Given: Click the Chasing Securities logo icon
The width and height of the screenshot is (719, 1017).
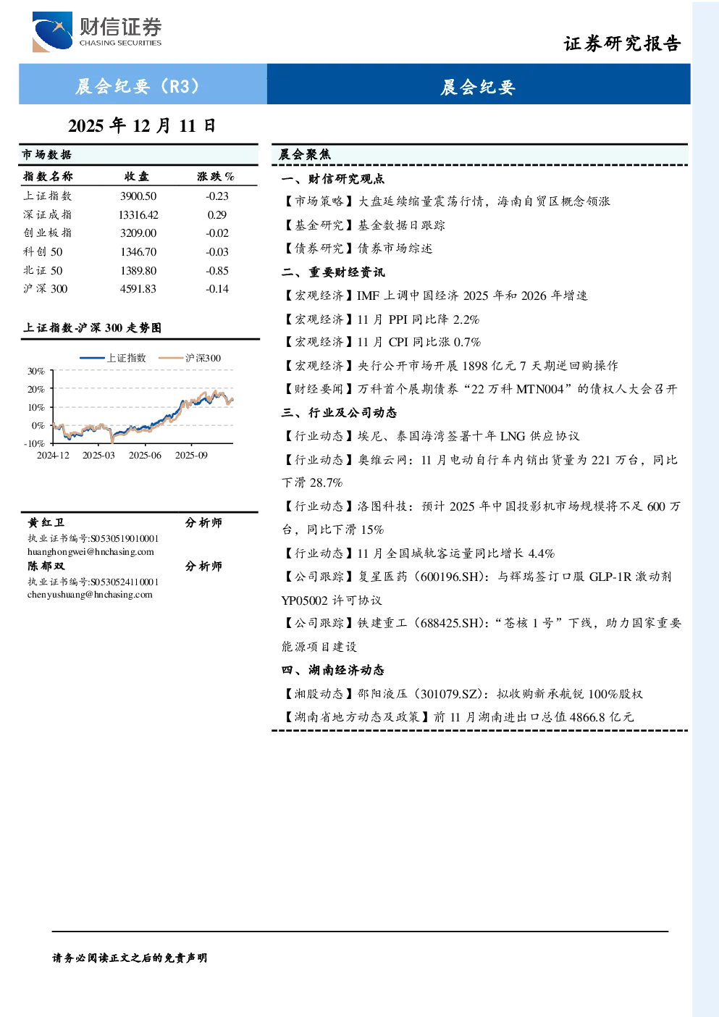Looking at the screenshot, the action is (x=52, y=31).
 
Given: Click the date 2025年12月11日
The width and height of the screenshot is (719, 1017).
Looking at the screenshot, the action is (x=142, y=125).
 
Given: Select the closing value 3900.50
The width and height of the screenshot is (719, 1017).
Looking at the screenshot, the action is (x=138, y=196).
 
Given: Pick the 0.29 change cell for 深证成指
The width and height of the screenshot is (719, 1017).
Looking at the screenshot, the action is (x=217, y=214).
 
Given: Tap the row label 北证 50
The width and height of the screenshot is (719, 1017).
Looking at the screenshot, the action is (x=43, y=271).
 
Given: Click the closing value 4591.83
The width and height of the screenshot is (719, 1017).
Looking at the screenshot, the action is (x=138, y=289).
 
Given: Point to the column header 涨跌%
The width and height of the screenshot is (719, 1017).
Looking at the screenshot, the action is (x=216, y=176).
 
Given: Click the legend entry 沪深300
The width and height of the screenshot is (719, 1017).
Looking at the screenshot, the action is (x=190, y=359).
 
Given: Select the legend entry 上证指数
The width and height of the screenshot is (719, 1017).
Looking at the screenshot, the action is (x=113, y=359).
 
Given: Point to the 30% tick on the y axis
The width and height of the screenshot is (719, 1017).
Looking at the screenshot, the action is (x=36, y=372).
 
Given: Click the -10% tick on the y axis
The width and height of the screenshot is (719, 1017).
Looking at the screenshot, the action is (x=35, y=443).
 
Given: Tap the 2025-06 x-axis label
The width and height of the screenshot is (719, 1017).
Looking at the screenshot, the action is (x=145, y=456).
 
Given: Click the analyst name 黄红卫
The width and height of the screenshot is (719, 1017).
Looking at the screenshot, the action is (x=46, y=523).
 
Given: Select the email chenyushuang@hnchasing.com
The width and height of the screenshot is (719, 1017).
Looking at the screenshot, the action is (x=90, y=595).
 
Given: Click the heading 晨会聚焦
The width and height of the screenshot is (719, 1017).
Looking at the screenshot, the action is (x=305, y=154).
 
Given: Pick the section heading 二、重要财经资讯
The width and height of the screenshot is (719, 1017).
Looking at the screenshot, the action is (x=333, y=272).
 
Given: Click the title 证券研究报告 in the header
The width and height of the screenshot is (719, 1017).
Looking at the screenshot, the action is (x=622, y=43).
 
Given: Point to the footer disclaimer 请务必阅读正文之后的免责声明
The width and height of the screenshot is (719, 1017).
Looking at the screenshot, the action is (x=130, y=958).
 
